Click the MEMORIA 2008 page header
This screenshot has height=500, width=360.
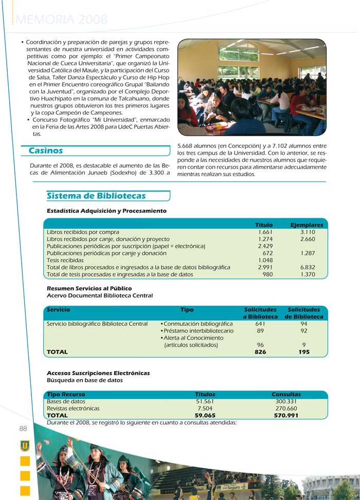[x=62, y=20]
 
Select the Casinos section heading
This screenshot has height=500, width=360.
[x=46, y=151]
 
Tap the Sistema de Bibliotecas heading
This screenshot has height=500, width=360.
[x=96, y=196]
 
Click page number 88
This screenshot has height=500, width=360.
[x=23, y=429]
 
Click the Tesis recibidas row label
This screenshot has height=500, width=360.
[x=65, y=260]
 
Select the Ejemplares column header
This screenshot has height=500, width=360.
[x=307, y=225]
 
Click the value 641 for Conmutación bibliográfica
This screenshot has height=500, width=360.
[x=260, y=324]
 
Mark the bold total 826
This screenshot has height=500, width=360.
[x=260, y=352]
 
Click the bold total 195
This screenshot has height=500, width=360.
[x=304, y=352]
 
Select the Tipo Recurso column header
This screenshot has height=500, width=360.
[x=66, y=394]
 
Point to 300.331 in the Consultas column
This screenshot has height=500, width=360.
[x=286, y=401]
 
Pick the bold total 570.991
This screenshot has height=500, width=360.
[x=286, y=416]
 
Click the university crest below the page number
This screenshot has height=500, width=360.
[x=25, y=445]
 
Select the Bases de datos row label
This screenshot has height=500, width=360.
[x=66, y=401]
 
